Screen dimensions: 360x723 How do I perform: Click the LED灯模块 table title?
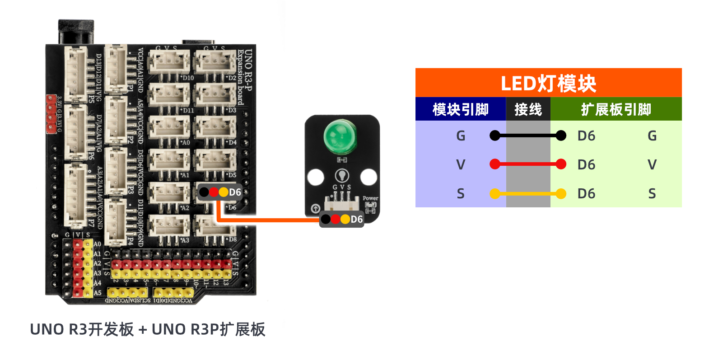click(548, 84)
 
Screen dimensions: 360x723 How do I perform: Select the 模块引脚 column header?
click(460, 109)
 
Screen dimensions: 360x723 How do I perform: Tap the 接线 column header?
click(528, 109)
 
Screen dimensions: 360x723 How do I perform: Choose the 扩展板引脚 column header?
click(616, 109)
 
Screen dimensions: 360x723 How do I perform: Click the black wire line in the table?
click(528, 136)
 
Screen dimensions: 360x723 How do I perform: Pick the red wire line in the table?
click(528, 164)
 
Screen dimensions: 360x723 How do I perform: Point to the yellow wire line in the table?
click(528, 194)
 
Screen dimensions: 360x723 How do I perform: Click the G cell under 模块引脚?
click(460, 136)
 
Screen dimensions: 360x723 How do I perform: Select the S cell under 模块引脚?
click(460, 194)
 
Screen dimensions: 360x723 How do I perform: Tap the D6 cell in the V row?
click(586, 164)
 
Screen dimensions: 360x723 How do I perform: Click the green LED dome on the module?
click(341, 137)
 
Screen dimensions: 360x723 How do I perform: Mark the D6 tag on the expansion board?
click(220, 192)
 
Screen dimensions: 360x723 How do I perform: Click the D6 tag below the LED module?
click(341, 220)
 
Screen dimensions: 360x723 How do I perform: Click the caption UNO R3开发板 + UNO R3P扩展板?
click(147, 329)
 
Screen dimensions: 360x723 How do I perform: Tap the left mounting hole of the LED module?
click(315, 177)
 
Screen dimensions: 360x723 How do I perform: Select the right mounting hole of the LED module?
click(368, 177)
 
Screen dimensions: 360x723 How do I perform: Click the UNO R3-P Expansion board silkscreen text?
click(244, 77)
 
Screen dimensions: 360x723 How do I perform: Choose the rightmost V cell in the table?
click(652, 164)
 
